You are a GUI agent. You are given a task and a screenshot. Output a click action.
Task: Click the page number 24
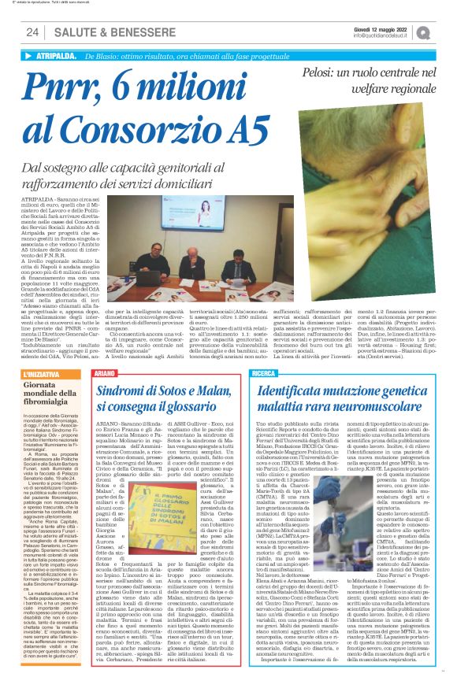[x=33, y=32]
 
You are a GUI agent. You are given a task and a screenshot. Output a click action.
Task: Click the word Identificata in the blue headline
[x=297, y=389]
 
